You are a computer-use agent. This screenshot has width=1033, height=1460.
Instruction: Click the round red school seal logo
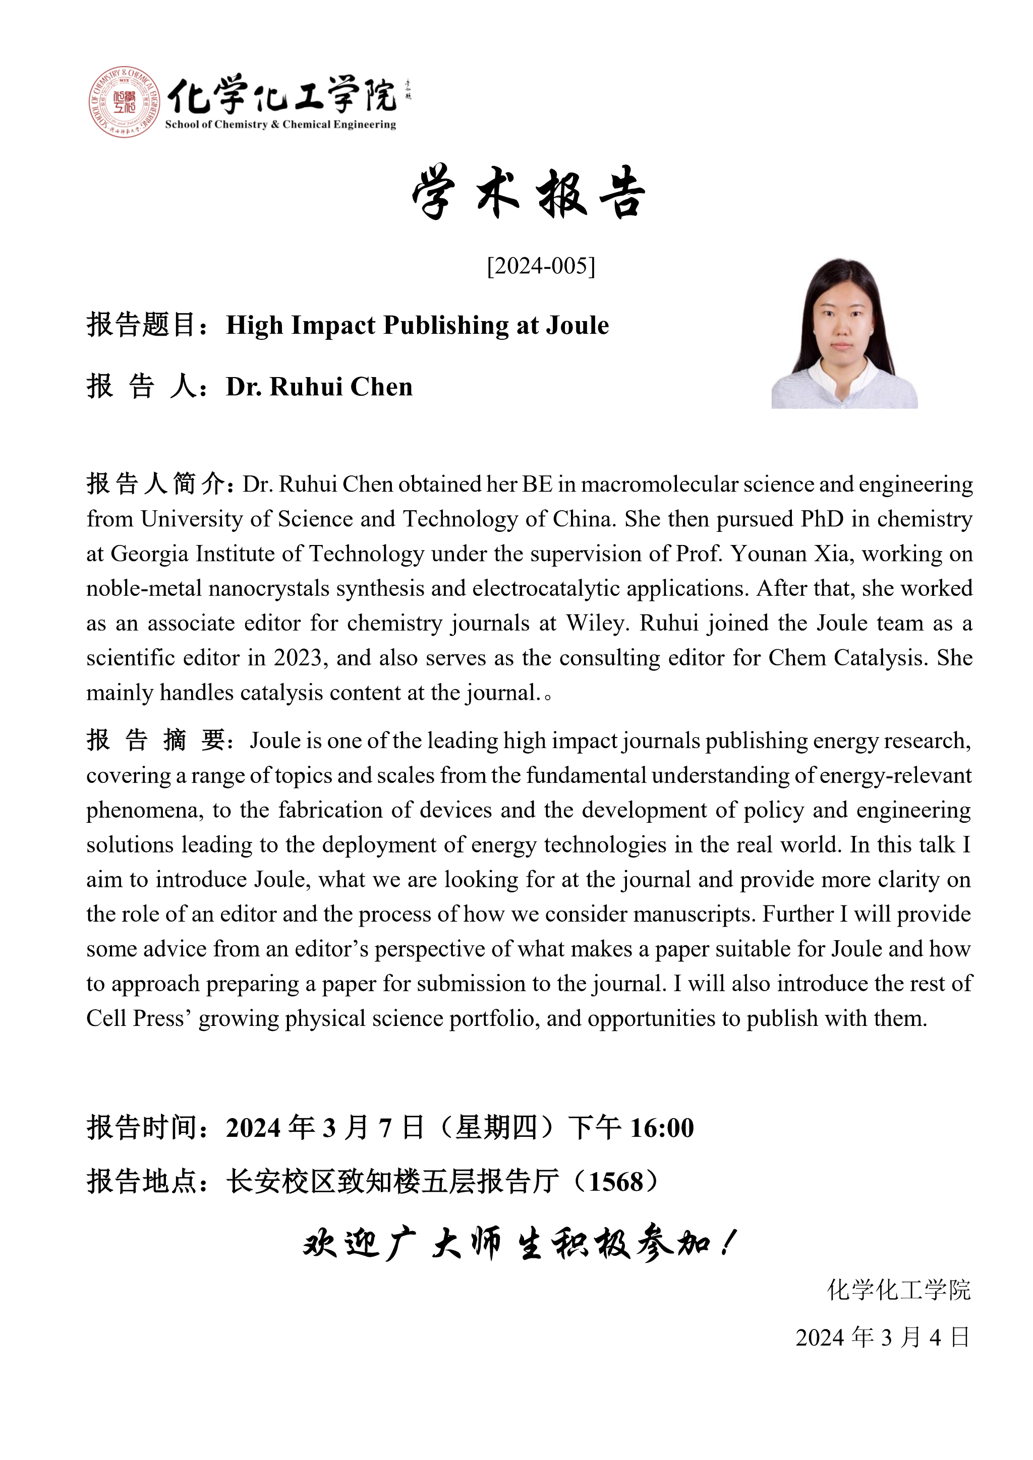pos(124,102)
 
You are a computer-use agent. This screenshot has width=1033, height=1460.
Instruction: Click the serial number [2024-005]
pos(541,266)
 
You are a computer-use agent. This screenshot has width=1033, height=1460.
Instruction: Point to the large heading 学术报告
pos(529,193)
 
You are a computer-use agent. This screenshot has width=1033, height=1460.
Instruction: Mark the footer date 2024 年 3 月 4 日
pos(883,1337)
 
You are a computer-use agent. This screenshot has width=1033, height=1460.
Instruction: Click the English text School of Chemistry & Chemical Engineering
pos(280,125)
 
